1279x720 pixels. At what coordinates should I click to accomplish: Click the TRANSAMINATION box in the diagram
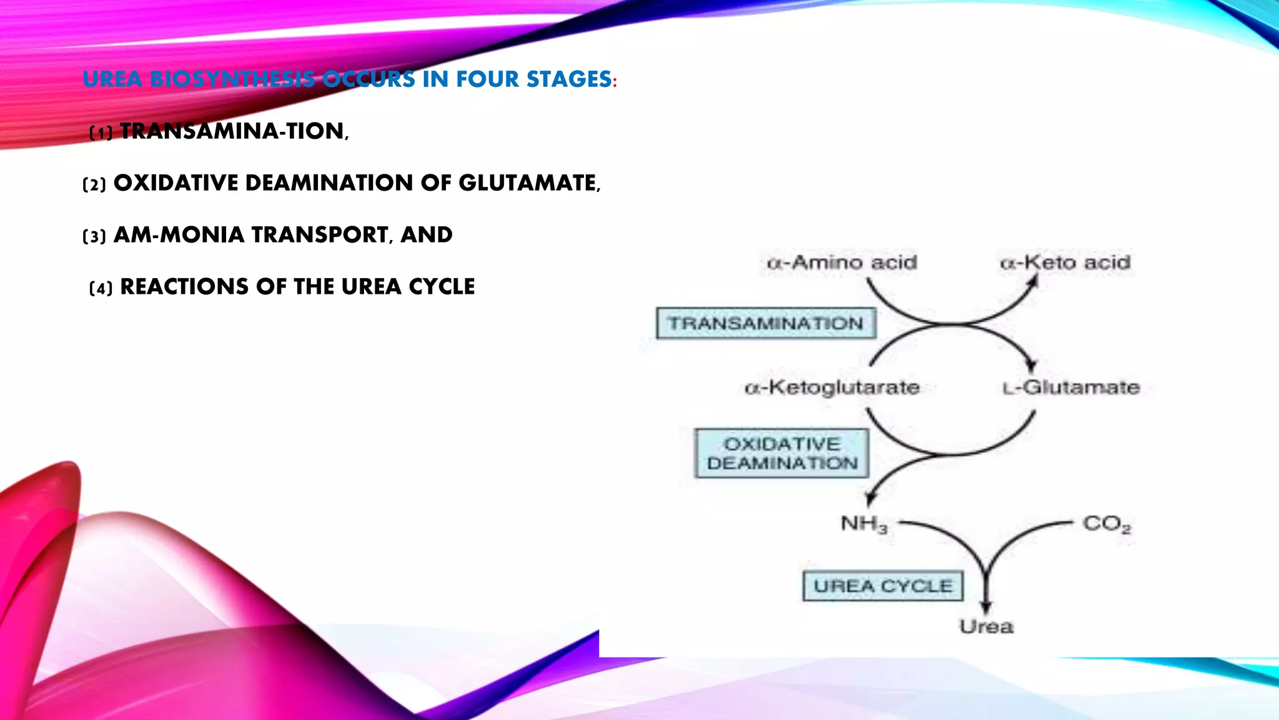[766, 323]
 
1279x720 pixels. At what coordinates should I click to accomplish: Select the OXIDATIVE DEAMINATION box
[782, 454]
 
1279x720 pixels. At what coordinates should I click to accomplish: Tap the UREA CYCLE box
[882, 586]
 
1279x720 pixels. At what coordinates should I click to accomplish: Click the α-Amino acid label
[842, 262]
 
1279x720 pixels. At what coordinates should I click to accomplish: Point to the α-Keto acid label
[1065, 262]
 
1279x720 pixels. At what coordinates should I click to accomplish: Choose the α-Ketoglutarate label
[832, 387]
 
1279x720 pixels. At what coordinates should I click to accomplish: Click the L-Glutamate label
[1071, 387]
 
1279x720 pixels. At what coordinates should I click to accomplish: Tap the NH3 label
[864, 524]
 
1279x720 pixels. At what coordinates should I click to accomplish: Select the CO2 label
[1107, 524]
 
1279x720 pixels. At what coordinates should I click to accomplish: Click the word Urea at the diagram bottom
[986, 626]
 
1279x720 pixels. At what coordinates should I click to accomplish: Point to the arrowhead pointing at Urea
[986, 606]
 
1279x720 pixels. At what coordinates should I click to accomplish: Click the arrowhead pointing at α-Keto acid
[1033, 283]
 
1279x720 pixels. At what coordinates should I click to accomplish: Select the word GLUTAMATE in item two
[528, 183]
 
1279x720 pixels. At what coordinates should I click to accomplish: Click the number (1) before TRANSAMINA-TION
[101, 132]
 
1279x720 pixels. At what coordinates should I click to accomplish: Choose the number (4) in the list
[101, 288]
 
